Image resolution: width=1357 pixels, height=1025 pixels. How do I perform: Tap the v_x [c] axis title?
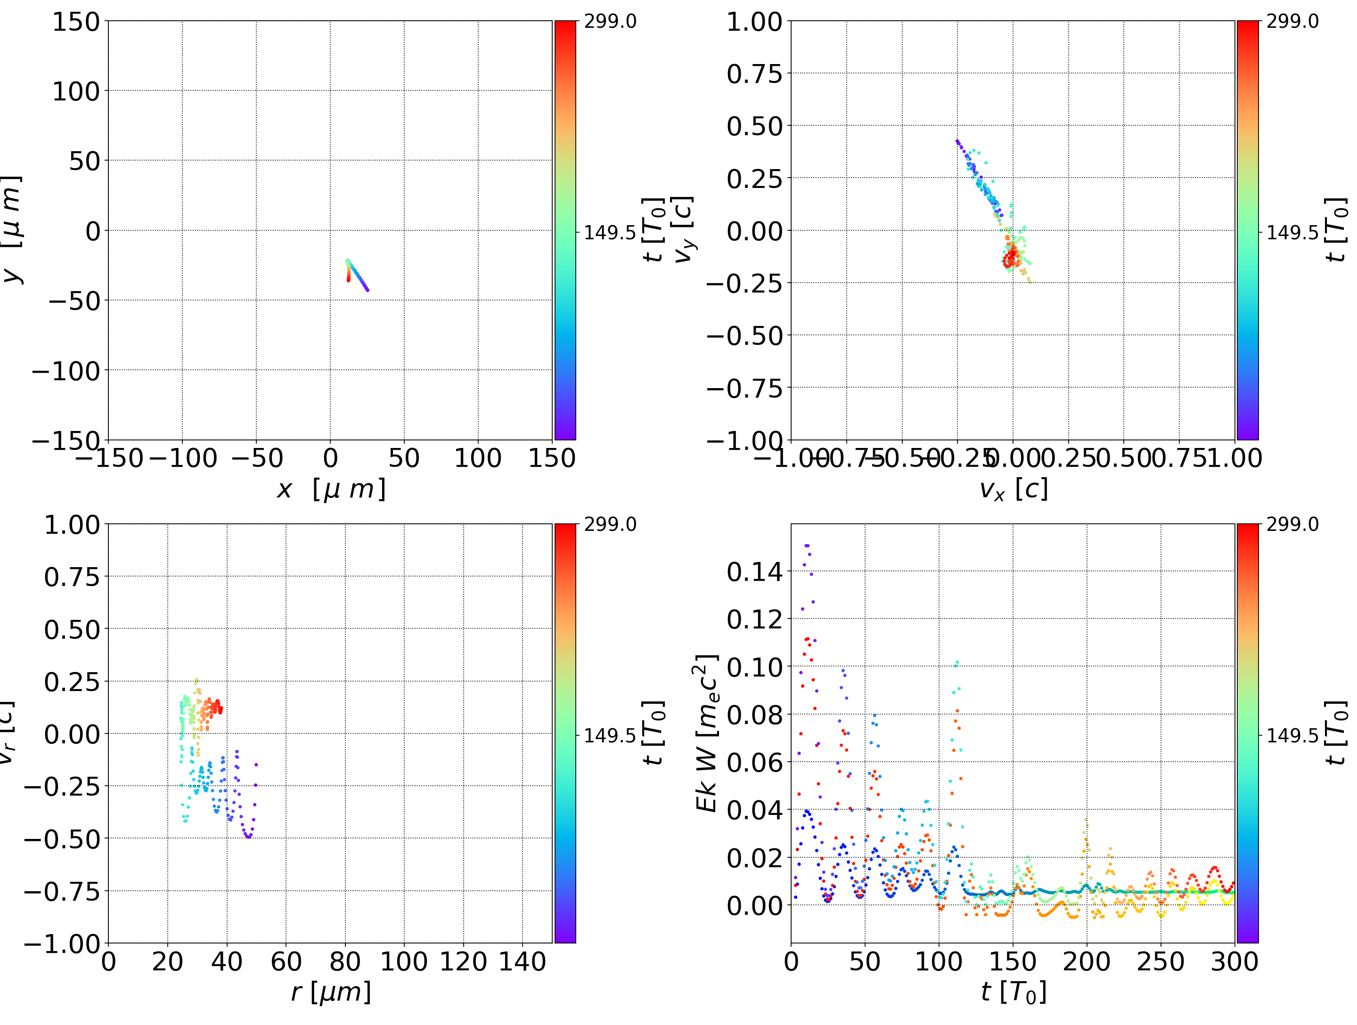(x=1013, y=489)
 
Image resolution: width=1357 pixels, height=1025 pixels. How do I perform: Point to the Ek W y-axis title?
(x=707, y=733)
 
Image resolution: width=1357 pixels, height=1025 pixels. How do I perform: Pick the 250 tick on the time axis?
(x=1161, y=961)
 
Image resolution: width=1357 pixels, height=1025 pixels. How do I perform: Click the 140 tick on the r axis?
(x=522, y=961)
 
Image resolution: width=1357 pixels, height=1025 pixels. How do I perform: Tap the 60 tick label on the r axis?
(x=286, y=961)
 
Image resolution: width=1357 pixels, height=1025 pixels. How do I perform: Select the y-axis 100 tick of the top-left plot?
(x=75, y=91)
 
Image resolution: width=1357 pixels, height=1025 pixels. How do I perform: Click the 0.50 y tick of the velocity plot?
(x=754, y=126)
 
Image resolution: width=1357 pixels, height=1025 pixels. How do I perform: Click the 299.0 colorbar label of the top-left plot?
(x=610, y=22)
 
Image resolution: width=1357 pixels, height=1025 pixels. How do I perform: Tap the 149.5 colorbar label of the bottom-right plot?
(x=1292, y=735)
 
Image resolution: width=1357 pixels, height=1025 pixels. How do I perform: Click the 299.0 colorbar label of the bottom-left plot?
(x=610, y=524)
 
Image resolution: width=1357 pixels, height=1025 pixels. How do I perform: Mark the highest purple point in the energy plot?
(x=807, y=545)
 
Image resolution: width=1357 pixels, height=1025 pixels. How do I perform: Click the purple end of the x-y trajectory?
(x=367, y=290)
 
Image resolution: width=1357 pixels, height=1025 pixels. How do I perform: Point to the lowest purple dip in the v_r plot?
(x=248, y=836)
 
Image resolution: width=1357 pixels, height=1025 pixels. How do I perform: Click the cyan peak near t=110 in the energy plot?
(x=957, y=662)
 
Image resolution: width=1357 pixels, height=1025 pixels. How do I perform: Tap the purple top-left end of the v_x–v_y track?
(x=957, y=141)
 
